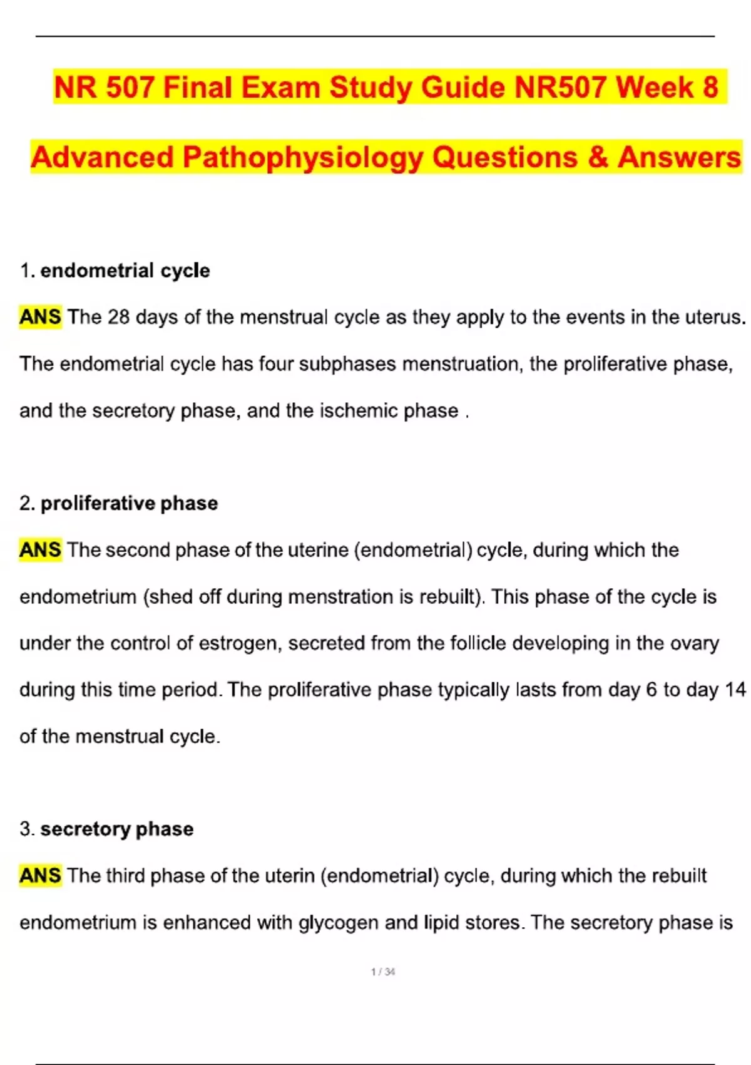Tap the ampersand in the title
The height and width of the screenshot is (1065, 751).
(598, 157)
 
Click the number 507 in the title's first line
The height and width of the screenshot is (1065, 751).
(130, 87)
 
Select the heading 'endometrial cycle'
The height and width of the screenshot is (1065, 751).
(125, 271)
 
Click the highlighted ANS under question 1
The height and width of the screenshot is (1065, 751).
(40, 317)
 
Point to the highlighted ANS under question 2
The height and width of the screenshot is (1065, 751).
(40, 550)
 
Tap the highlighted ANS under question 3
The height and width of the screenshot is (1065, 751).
(40, 875)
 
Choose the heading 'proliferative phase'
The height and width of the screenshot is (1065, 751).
(129, 503)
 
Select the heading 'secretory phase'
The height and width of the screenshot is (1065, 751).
(117, 829)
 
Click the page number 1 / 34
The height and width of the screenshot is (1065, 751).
(383, 972)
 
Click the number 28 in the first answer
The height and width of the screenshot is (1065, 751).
(118, 317)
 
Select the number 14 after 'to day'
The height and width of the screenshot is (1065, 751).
(735, 690)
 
